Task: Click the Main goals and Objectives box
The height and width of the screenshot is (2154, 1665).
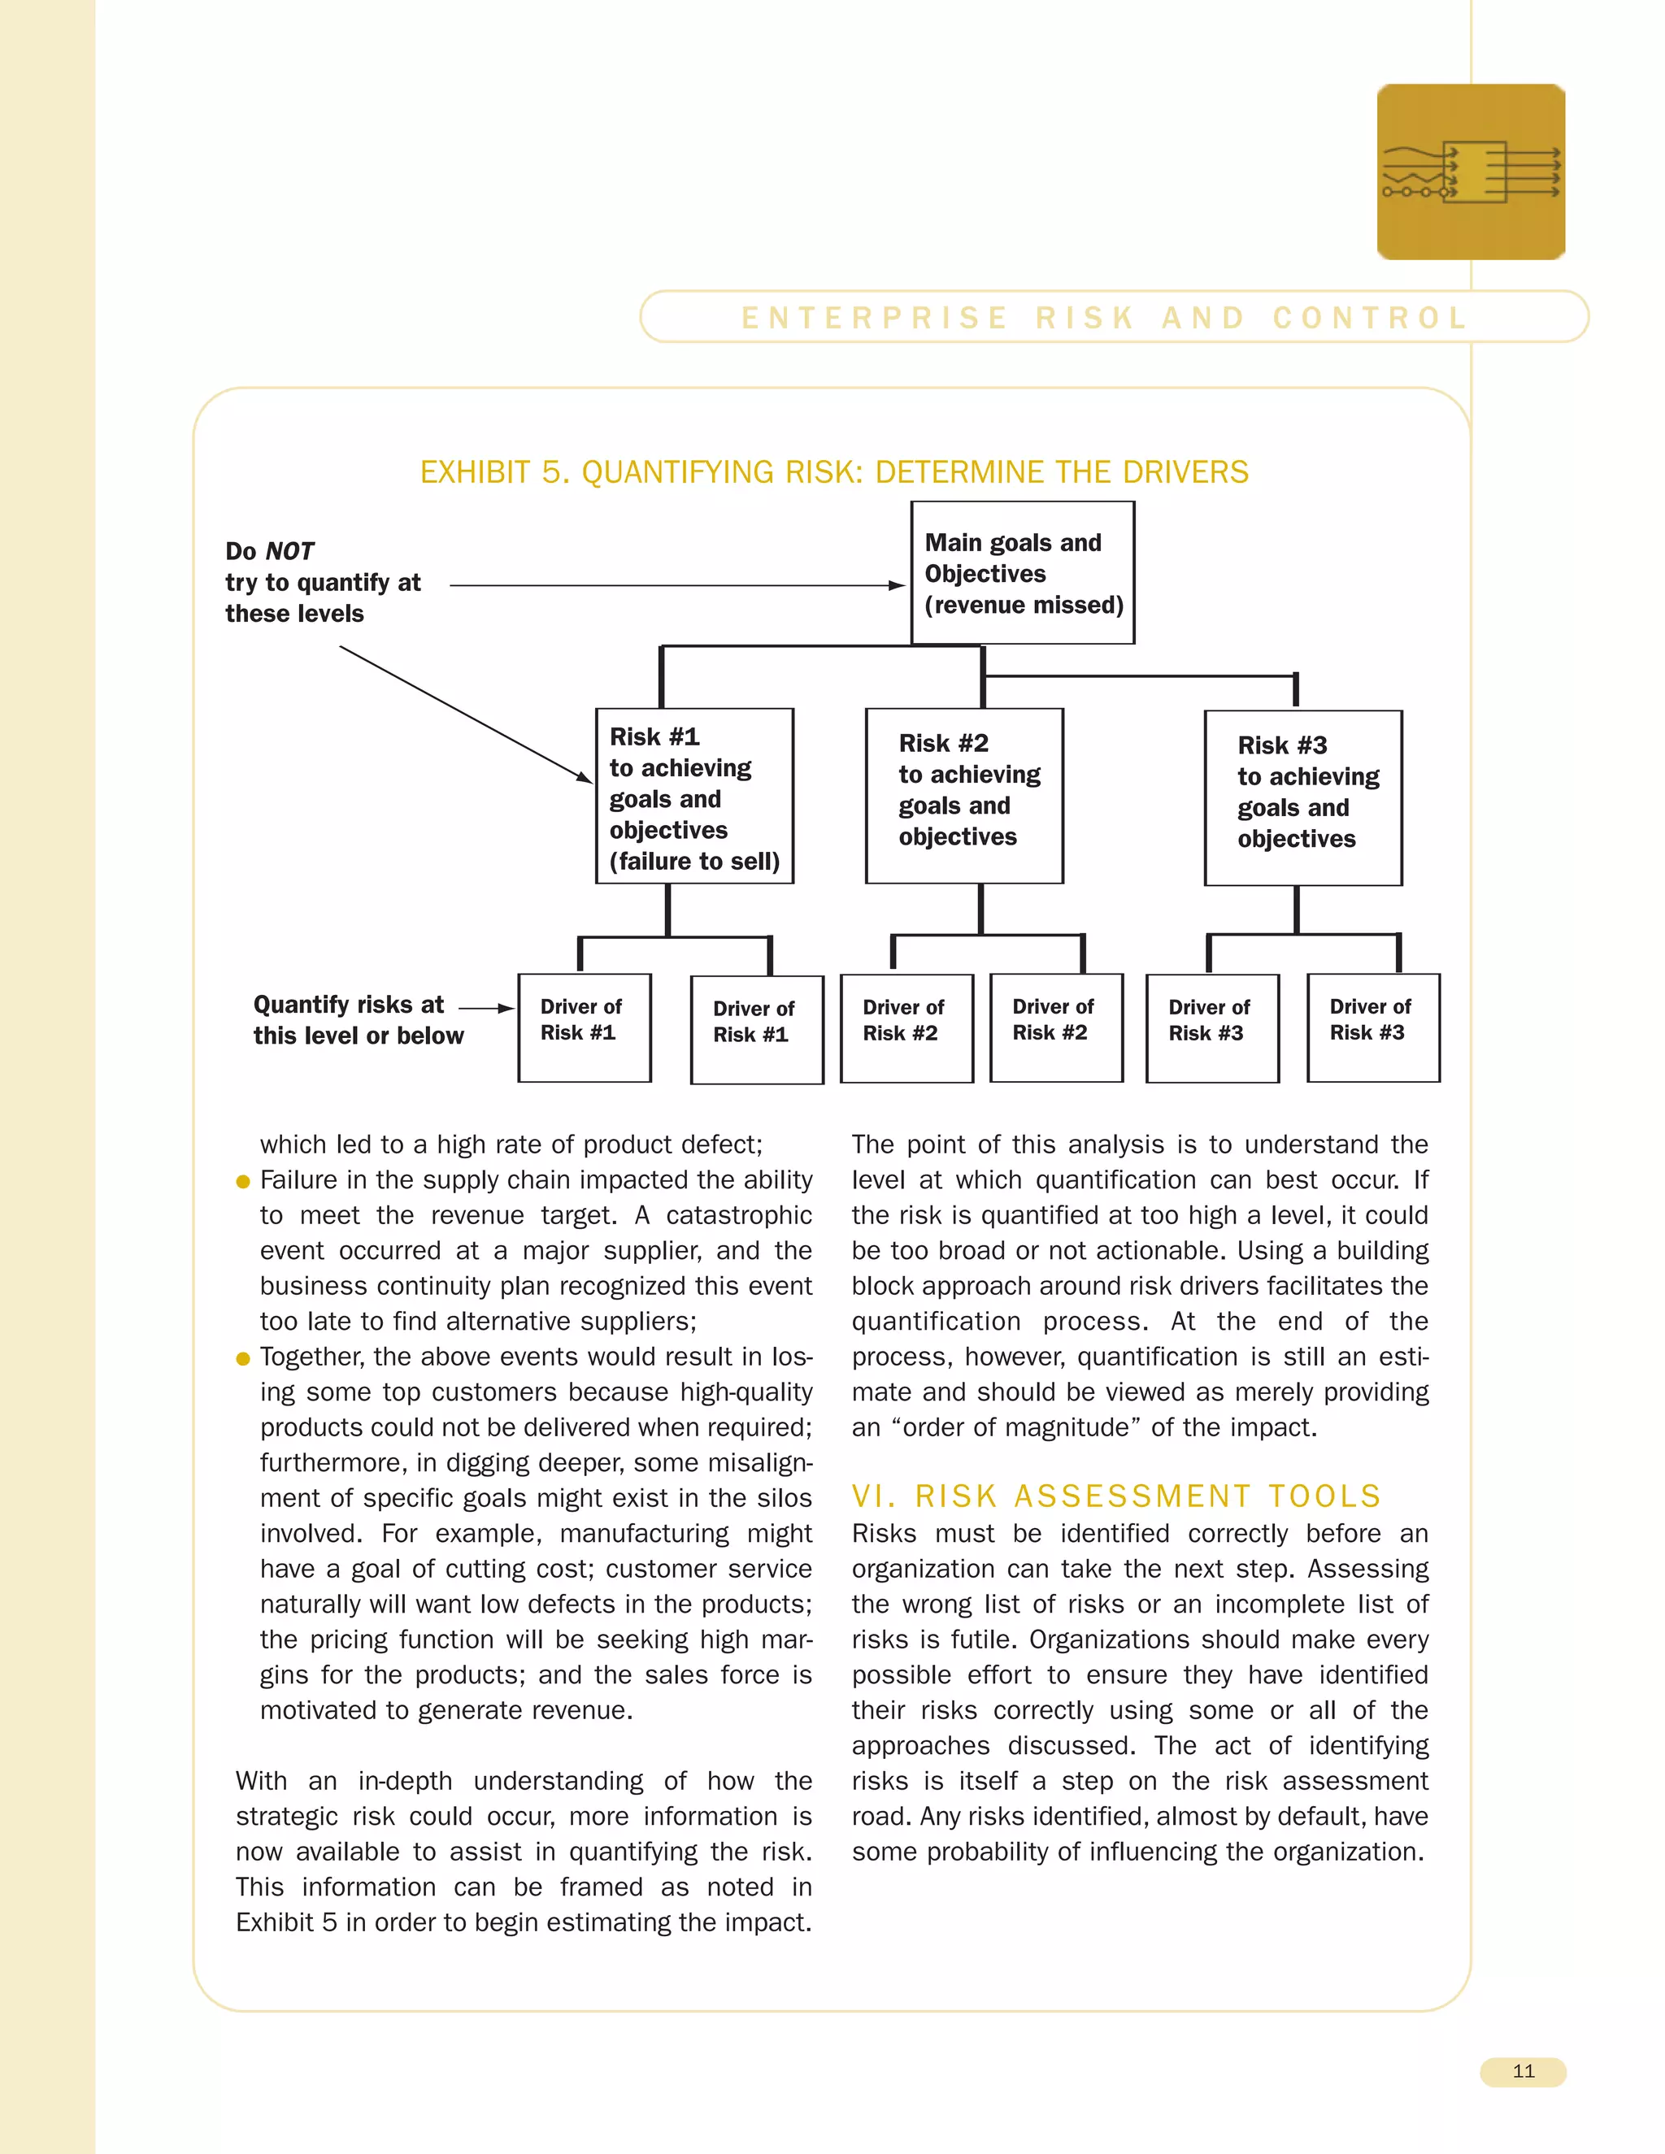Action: coord(1022,572)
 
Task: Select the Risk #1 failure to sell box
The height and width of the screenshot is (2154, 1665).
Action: coord(694,796)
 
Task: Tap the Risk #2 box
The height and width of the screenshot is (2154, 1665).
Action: coord(963,795)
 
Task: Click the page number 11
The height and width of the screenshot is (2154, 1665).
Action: coord(1523,2071)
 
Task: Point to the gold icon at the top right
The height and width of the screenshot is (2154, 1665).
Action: coord(1471,172)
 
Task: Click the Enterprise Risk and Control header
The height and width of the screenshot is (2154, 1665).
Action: coord(1105,318)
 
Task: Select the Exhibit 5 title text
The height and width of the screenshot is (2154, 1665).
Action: coord(833,472)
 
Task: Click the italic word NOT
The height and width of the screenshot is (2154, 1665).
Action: coord(290,551)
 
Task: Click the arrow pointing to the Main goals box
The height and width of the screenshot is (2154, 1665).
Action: coord(676,585)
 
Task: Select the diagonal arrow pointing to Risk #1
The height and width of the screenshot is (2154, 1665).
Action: coord(463,713)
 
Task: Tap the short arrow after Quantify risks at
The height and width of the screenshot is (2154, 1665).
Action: coord(486,1008)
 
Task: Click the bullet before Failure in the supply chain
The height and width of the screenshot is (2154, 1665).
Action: coord(242,1182)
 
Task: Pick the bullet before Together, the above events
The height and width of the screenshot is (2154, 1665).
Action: coord(242,1358)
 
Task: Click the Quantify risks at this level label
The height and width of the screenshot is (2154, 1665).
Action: coord(357,1020)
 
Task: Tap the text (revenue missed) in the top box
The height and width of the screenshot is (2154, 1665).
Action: coord(1023,605)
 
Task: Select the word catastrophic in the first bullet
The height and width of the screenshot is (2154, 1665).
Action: coord(738,1215)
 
